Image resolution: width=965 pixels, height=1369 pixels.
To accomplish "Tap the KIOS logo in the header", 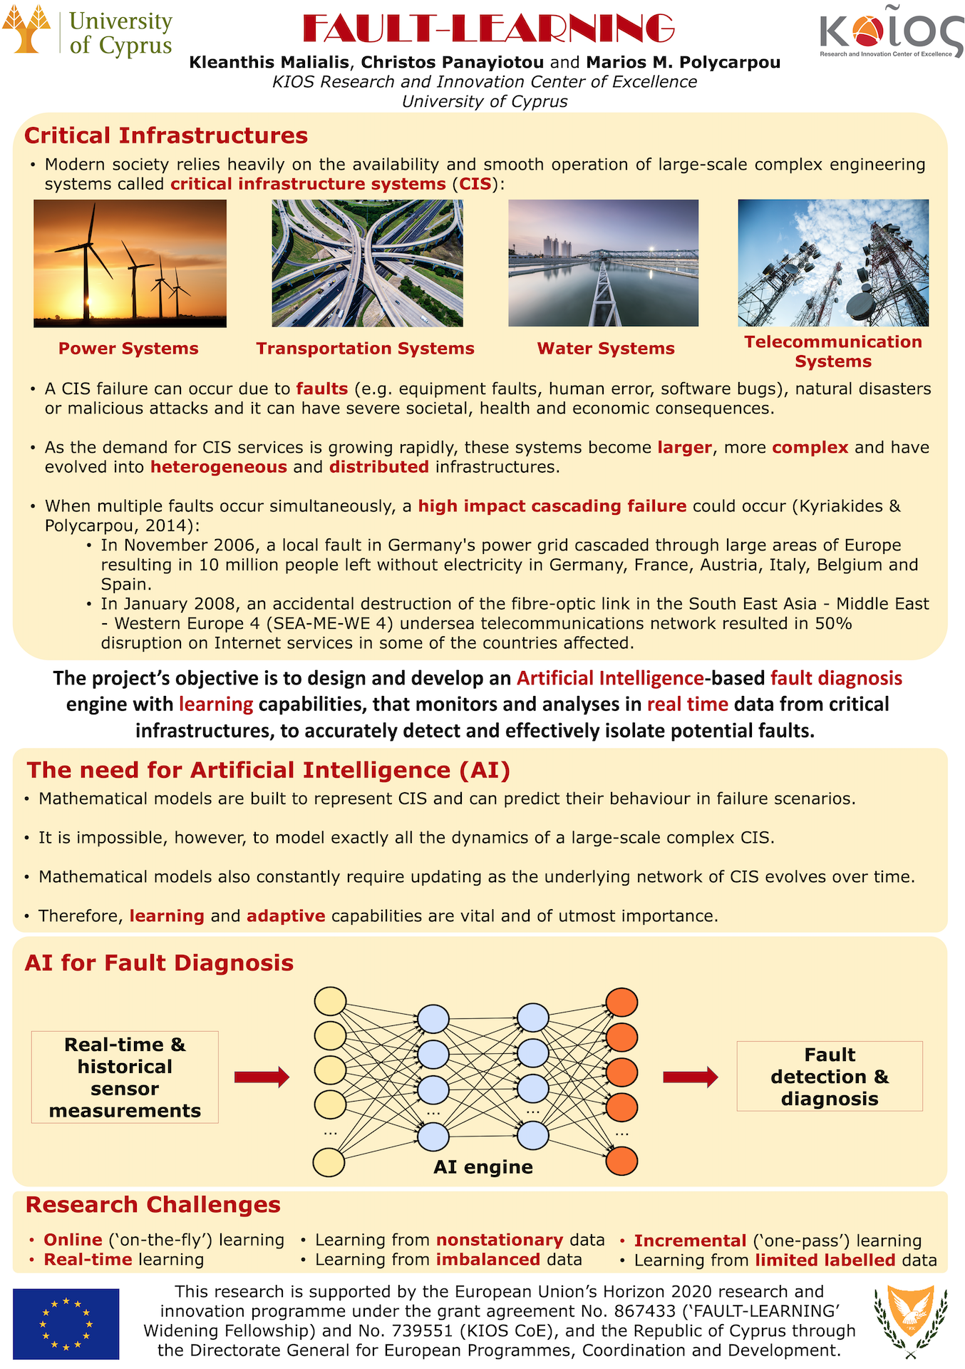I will tap(891, 32).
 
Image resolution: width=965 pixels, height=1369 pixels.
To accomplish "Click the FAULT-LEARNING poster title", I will tap(488, 29).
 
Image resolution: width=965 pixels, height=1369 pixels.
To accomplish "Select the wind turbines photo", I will tap(130, 263).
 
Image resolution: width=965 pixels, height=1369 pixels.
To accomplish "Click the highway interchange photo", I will tap(367, 263).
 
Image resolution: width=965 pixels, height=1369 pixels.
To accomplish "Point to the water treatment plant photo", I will tap(603, 263).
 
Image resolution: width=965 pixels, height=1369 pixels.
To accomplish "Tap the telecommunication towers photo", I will tap(833, 263).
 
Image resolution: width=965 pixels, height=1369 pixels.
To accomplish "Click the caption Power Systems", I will tap(128, 349).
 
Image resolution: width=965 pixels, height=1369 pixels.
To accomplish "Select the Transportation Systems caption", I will tap(365, 349).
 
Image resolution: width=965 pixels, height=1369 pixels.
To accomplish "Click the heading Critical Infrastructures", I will tap(166, 135).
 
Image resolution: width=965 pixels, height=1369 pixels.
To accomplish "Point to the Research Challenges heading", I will tap(153, 1204).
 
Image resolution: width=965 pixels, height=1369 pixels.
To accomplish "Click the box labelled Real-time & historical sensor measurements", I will tap(125, 1077).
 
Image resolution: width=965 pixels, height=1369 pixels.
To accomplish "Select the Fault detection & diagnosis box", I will tap(830, 1076).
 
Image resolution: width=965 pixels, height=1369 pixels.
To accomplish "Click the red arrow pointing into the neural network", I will tap(262, 1077).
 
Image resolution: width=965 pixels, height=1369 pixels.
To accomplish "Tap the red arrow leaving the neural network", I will tap(690, 1077).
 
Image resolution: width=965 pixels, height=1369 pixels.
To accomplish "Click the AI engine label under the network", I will tap(483, 1167).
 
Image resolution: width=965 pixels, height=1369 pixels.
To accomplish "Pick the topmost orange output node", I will tap(621, 1003).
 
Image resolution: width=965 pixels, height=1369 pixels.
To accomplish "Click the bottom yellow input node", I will tap(329, 1162).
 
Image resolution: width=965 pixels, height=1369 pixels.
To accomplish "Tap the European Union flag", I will tap(66, 1323).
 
